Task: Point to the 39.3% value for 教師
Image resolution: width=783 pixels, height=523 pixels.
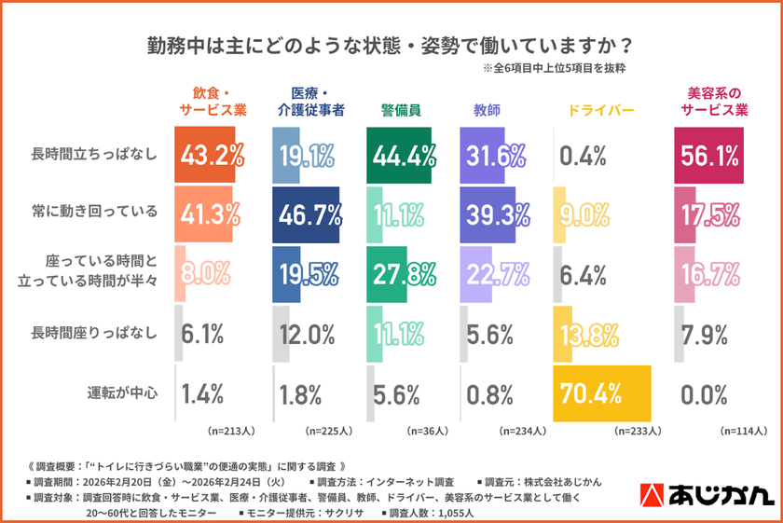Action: point(495,213)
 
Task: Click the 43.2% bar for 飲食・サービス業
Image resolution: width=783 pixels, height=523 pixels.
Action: point(205,154)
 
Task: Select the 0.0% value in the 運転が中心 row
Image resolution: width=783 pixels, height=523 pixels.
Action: point(704,392)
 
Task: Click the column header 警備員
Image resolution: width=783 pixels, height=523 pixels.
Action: point(400,110)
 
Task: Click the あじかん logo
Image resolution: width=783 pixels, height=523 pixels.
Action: point(708,493)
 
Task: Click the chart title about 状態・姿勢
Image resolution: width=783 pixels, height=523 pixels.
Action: point(391,44)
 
